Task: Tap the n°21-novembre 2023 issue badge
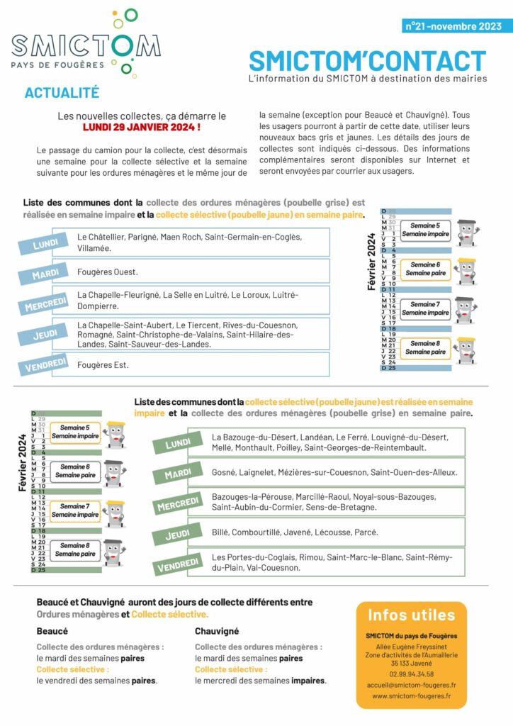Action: pos(453,26)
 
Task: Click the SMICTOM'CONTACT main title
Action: pos(368,62)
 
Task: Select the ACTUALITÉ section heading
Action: pos(62,93)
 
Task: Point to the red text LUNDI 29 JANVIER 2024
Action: pos(142,127)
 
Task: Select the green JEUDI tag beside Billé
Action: pos(177,535)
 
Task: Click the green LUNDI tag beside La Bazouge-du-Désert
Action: pos(178,444)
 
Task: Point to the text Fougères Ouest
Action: pos(108,272)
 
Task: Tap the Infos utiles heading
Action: pos(411,614)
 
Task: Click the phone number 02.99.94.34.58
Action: pos(411,674)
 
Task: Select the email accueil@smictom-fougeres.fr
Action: pos(411,686)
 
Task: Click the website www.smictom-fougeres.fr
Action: pos(411,696)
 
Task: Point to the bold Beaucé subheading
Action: pos(52,631)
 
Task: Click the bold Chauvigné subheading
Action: pos(217,631)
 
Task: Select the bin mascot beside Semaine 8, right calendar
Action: pos(465,349)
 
